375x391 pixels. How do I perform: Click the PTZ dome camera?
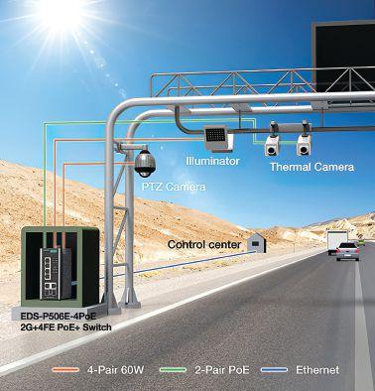[x=145, y=163]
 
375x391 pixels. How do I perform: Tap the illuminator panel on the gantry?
[x=217, y=138]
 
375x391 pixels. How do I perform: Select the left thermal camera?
[x=273, y=145]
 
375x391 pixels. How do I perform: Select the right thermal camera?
[x=304, y=144]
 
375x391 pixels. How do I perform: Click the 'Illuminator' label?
[x=212, y=162]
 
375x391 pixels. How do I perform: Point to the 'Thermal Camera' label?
[x=312, y=167]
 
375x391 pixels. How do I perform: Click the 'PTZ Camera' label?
[x=174, y=187]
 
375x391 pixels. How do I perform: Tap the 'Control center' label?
[x=204, y=245]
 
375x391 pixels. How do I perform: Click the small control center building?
[x=257, y=243]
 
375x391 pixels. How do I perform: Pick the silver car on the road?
[x=347, y=251]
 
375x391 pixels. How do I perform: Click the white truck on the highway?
[x=337, y=242]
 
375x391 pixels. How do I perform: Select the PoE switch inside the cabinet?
[x=56, y=273]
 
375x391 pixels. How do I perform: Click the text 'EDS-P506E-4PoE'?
[x=59, y=317]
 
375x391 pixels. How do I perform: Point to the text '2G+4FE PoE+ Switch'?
[x=65, y=327]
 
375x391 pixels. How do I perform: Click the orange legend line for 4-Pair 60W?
[x=65, y=370]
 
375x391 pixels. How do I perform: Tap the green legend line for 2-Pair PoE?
[x=173, y=370]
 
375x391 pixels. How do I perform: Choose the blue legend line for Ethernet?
[x=274, y=370]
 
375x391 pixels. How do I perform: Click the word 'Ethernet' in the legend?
[x=317, y=370]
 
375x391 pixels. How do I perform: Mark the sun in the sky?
[x=62, y=13]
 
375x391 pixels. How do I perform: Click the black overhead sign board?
[x=344, y=58]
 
